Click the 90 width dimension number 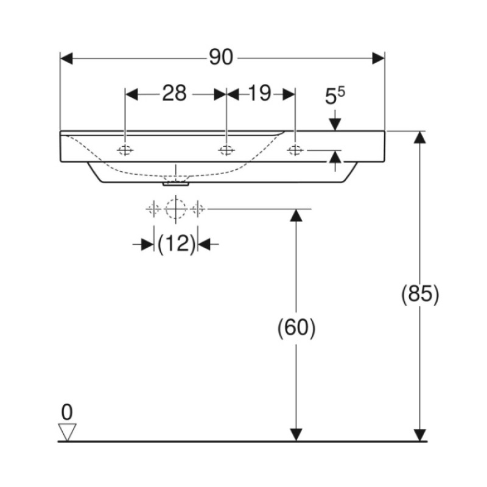(221, 57)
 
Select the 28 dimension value (174, 93)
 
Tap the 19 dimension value (260, 93)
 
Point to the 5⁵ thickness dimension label (335, 96)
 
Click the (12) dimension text (177, 244)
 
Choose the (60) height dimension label (296, 328)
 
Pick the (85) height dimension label (420, 294)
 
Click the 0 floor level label (67, 412)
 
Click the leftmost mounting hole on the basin (125, 150)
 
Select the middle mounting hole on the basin (226, 150)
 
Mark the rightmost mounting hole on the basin (295, 150)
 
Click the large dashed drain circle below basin (176, 209)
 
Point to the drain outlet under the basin (176, 184)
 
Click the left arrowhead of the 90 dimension (66, 58)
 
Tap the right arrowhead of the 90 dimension (379, 58)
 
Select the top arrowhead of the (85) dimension (420, 137)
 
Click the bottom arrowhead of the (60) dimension (296, 435)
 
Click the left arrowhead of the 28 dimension (131, 94)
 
